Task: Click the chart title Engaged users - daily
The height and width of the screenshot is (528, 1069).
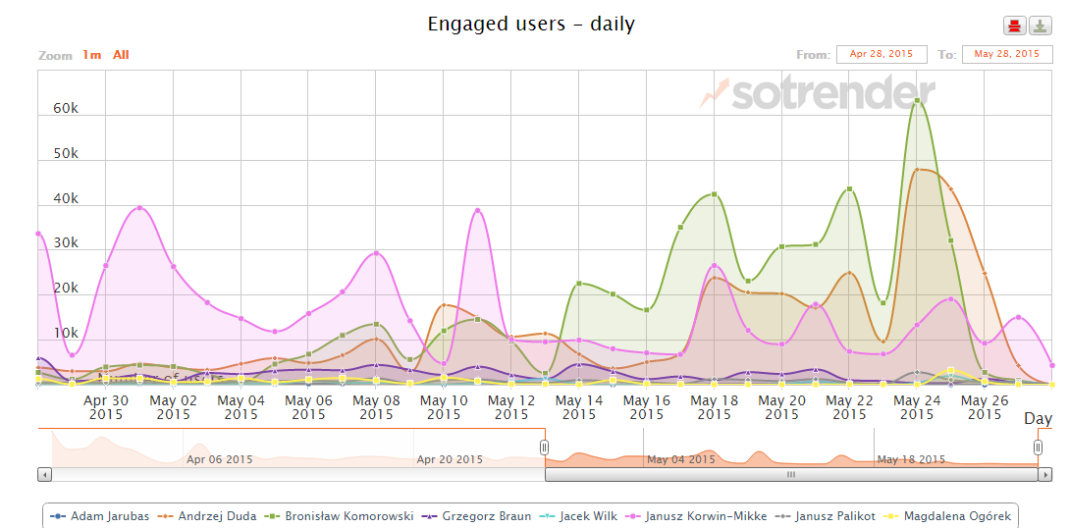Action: [531, 24]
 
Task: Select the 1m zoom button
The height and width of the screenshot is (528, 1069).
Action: [91, 55]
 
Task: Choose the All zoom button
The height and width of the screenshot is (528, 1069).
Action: [121, 55]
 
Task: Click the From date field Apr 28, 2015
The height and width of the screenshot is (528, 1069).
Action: [882, 54]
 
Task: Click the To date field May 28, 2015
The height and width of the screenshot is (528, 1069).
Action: [1007, 54]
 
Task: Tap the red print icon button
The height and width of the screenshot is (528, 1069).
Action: [1014, 26]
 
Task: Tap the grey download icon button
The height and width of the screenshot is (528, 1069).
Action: [1040, 26]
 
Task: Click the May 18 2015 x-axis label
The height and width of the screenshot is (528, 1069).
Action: [715, 407]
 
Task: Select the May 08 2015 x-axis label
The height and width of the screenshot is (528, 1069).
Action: [376, 407]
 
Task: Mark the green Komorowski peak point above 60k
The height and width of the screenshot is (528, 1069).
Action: [917, 100]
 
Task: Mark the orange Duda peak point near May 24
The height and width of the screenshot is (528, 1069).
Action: [917, 170]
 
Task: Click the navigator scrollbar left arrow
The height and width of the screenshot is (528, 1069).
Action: [45, 474]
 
